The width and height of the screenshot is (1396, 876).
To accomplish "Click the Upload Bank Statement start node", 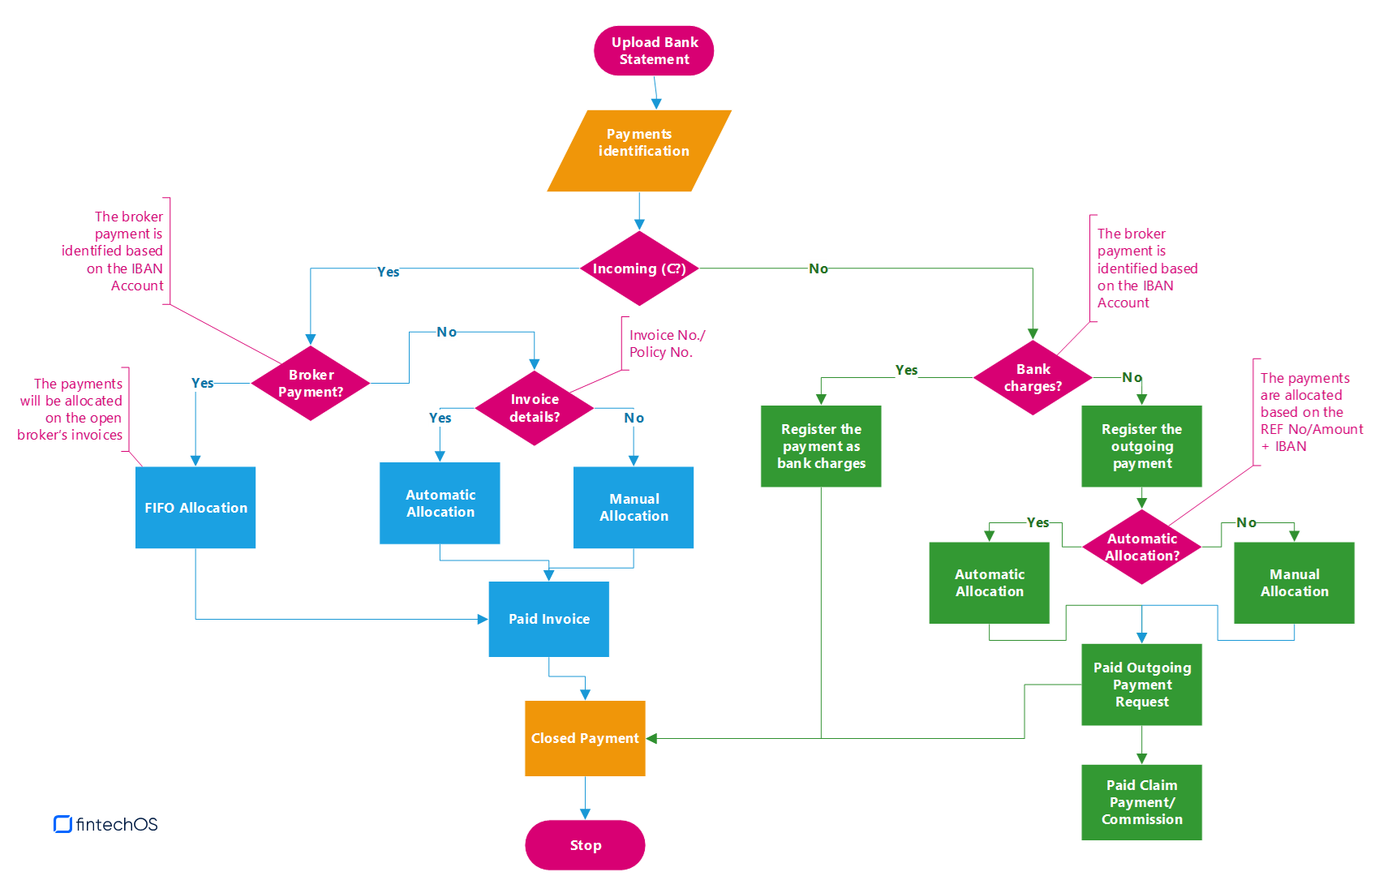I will [654, 50].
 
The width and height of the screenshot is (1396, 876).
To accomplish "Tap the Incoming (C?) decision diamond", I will [639, 268].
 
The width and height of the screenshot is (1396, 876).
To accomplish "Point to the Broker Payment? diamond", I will [311, 383].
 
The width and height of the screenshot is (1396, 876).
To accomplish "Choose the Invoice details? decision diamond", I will [535, 408].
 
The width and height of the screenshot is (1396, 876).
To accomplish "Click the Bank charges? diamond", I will [1033, 378].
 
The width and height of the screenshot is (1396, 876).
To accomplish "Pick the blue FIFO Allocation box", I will [195, 508].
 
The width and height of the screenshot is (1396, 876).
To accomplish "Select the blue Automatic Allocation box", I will [440, 503].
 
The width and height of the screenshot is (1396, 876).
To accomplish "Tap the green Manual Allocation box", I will [1294, 582].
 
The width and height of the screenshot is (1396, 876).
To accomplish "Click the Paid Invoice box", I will [549, 619].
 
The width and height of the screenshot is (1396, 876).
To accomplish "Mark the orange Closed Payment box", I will [585, 738].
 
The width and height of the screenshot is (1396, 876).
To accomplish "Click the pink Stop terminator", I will [585, 845].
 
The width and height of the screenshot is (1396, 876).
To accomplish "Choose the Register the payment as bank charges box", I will [821, 446].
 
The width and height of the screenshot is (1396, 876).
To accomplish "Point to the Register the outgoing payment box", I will [1141, 446].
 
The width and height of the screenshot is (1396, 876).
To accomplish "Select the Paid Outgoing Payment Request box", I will [1141, 685].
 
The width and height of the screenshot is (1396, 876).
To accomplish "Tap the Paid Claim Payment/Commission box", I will [1141, 802].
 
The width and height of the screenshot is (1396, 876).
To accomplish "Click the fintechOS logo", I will [106, 824].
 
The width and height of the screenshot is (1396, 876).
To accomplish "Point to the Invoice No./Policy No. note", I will [667, 343].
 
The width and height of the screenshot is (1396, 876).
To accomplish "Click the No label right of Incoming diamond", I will [818, 268].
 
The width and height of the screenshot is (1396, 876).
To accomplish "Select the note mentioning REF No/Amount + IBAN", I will [1311, 412].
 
